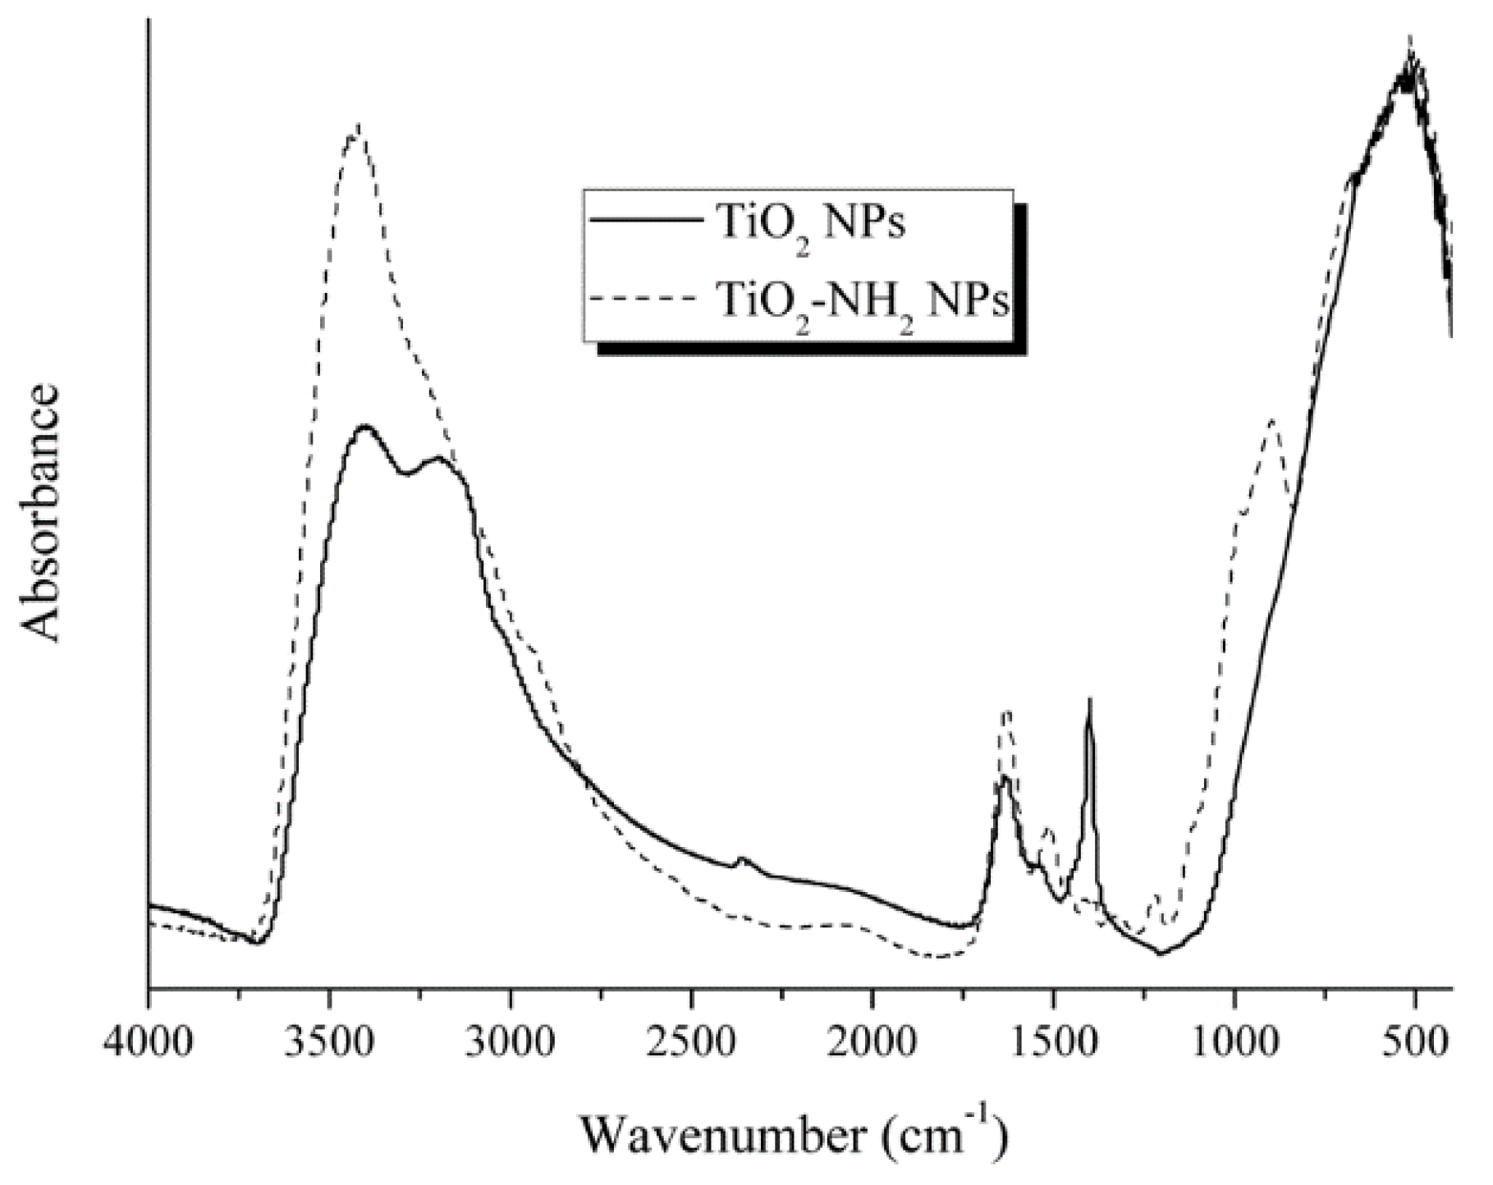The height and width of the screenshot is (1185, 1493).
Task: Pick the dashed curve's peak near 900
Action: pyautogui.click(x=1272, y=420)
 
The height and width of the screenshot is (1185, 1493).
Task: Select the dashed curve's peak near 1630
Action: pyautogui.click(x=1007, y=712)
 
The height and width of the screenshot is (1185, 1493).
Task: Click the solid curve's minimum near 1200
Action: pyautogui.click(x=1161, y=954)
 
